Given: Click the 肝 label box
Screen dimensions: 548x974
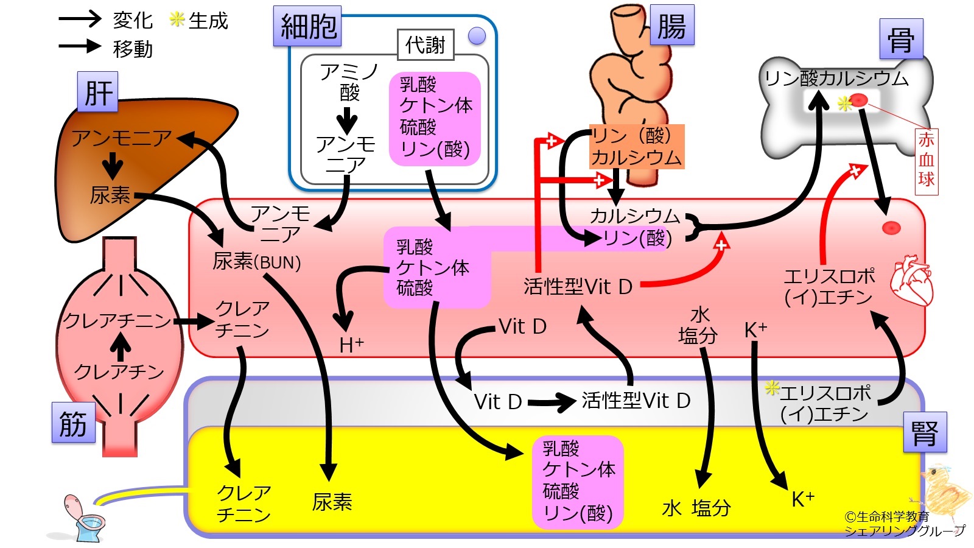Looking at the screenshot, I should pyautogui.click(x=97, y=92).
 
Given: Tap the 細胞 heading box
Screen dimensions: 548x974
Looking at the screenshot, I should pyautogui.click(x=307, y=27).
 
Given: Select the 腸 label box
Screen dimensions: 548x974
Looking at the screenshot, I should pyautogui.click(x=671, y=26).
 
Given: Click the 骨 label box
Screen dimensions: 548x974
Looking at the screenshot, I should pyautogui.click(x=901, y=39).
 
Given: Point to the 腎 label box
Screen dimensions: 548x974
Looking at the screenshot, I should pyautogui.click(x=925, y=432).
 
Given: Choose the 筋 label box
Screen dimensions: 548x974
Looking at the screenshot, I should pyautogui.click(x=73, y=422).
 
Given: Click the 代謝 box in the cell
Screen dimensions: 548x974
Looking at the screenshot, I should pyautogui.click(x=426, y=45).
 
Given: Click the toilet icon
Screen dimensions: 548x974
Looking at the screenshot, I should pyautogui.click(x=83, y=518).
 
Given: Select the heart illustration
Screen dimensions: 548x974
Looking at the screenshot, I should pyautogui.click(x=911, y=281).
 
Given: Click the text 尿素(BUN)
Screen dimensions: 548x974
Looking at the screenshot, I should pyautogui.click(x=257, y=262).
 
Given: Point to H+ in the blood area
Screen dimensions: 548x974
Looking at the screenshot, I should pyautogui.click(x=351, y=345).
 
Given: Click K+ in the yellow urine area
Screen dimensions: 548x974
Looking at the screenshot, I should pyautogui.click(x=802, y=499).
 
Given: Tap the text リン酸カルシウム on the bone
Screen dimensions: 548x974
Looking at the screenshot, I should pyautogui.click(x=836, y=78).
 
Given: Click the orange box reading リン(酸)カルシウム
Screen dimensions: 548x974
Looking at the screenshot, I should pyautogui.click(x=636, y=147).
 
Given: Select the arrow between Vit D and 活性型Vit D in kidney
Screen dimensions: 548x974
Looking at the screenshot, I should pyautogui.click(x=551, y=402).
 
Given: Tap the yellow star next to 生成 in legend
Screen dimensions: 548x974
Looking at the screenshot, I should pyautogui.click(x=177, y=19).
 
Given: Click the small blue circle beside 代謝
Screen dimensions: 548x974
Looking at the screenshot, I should pyautogui.click(x=477, y=36).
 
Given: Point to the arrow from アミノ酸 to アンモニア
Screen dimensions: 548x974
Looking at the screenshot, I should pyautogui.click(x=347, y=121).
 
